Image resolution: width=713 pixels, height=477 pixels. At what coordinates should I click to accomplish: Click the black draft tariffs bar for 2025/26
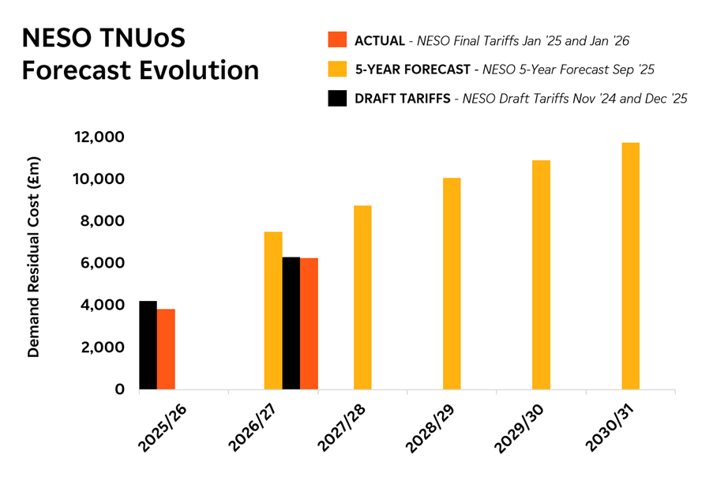148,345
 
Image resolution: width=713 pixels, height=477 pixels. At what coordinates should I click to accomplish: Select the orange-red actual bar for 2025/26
166,349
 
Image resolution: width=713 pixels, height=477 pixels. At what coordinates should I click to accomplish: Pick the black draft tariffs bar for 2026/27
291,323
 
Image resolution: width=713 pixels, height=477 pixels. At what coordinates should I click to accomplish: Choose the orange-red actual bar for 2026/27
309,324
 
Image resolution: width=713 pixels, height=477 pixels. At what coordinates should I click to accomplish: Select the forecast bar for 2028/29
452,284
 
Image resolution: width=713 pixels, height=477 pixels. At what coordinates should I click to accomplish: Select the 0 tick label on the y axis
119,389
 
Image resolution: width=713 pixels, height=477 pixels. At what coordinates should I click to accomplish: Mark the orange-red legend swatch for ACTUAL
337,40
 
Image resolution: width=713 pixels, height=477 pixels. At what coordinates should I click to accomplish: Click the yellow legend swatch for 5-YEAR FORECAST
337,69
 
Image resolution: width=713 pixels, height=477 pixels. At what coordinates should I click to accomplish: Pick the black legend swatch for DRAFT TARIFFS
337,99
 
